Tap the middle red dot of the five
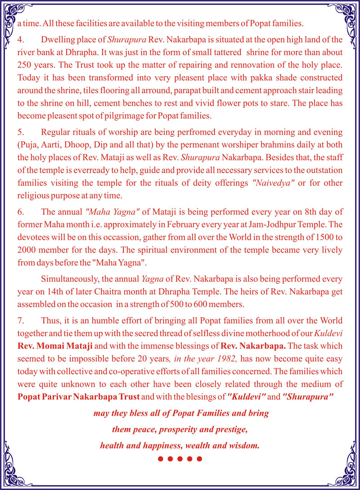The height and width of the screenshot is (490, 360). click(x=180, y=459)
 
